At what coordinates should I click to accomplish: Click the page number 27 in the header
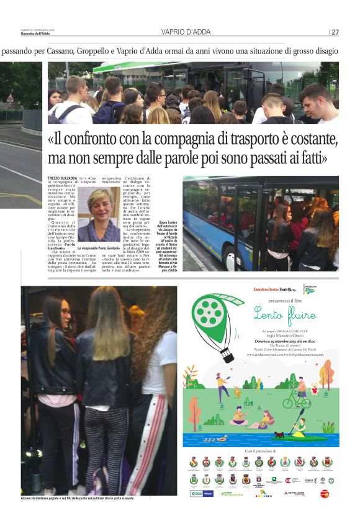(x=335, y=32)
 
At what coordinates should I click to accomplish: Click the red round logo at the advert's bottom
(x=324, y=493)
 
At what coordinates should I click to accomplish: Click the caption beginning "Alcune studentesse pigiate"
(x=78, y=499)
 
